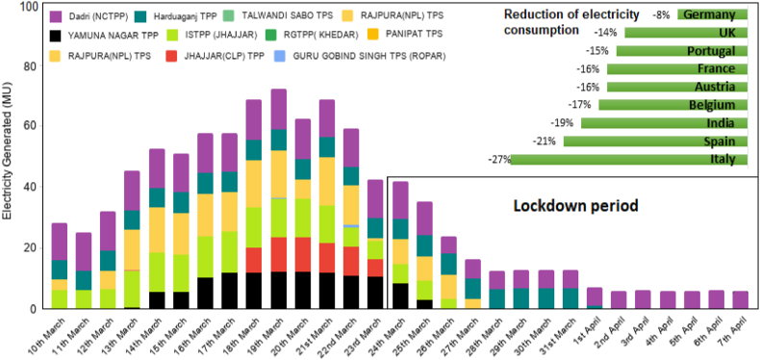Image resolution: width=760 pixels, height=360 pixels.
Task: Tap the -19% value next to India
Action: tap(564, 123)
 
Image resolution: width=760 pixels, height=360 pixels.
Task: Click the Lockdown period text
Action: tap(575, 206)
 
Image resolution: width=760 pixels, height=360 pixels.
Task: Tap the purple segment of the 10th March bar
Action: tap(59, 242)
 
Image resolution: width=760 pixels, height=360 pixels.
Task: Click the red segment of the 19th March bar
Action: tap(279, 255)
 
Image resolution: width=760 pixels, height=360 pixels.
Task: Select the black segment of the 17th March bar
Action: tap(230, 291)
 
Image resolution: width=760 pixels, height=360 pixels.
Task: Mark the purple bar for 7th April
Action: tap(740, 299)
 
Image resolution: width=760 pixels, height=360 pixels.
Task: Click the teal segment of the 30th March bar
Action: tap(545, 298)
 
